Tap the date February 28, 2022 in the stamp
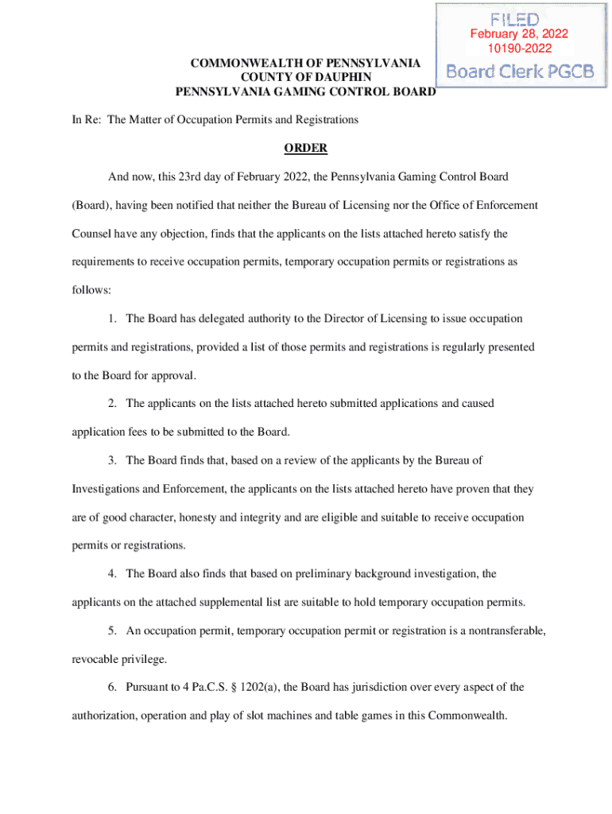518,34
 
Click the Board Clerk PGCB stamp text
520,71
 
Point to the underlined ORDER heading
306,149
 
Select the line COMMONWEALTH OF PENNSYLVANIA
305,63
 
